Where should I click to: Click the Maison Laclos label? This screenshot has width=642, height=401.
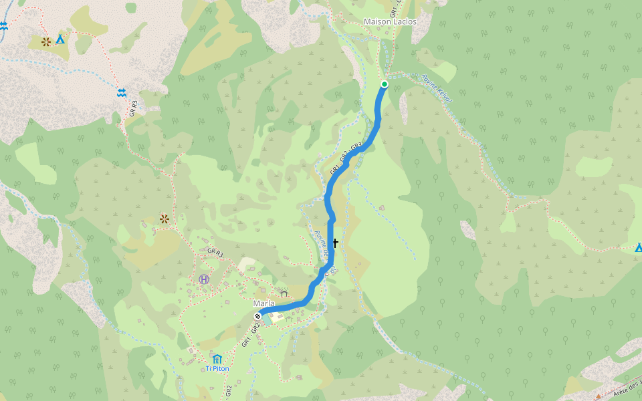click(x=390, y=22)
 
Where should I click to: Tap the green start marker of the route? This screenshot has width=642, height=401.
click(x=385, y=84)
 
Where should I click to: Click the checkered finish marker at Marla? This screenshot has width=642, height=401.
click(x=258, y=313)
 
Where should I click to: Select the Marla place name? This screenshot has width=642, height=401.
click(x=263, y=303)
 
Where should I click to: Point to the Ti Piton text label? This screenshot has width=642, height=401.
click(x=217, y=368)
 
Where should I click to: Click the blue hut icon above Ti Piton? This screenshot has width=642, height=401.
click(x=217, y=358)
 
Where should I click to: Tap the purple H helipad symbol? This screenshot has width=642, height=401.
click(x=204, y=279)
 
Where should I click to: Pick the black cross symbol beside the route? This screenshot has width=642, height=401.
click(x=335, y=244)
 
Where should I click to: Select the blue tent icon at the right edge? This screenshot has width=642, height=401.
click(x=639, y=248)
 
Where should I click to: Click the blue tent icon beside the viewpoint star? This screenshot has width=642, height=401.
click(x=60, y=39)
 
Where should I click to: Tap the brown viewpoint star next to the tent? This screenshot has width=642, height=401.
click(x=46, y=41)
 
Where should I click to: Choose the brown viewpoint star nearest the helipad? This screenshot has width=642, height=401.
click(x=164, y=219)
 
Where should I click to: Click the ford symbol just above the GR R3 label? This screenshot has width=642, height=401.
click(x=122, y=93)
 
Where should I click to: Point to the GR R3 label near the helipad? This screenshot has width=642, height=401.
click(x=215, y=253)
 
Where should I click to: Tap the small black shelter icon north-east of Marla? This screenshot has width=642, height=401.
click(x=284, y=293)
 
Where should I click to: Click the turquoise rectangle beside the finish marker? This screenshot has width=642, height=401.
click(x=267, y=319)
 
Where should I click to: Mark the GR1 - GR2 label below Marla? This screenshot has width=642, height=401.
click(x=250, y=334)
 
